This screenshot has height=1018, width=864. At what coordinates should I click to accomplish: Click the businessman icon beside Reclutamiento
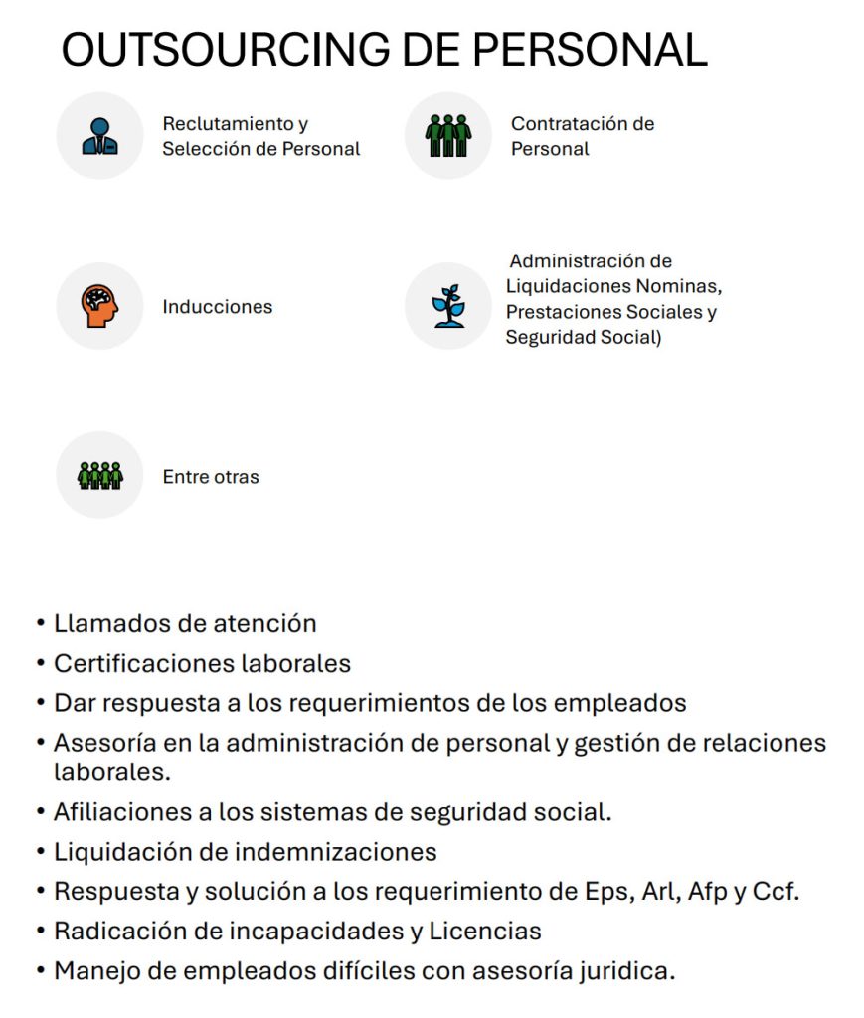point(99,136)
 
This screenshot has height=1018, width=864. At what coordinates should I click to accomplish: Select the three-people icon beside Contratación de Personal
point(448,135)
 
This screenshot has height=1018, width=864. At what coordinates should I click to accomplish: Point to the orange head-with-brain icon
point(100,306)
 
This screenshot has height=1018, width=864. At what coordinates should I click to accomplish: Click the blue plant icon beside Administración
point(448,306)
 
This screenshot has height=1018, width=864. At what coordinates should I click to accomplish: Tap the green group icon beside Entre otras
point(99,475)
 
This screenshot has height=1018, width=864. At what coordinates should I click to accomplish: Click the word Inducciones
point(217,307)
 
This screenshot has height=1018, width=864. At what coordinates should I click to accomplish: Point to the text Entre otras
point(211,477)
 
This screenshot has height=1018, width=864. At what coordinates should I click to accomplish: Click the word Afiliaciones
point(116,812)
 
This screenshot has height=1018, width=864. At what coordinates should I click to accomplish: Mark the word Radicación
point(112,932)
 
